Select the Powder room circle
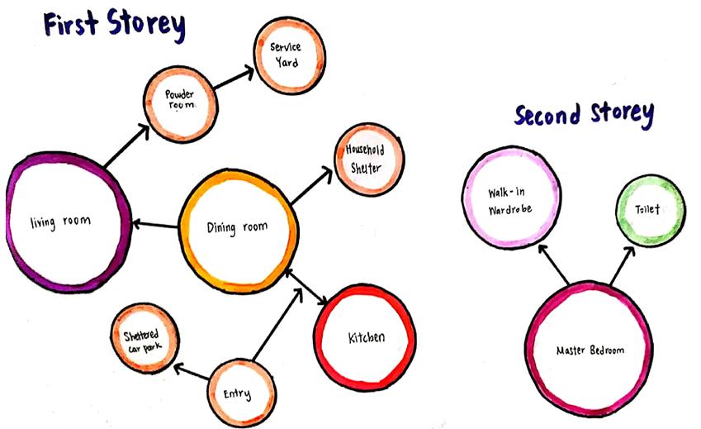pyautogui.click(x=178, y=104)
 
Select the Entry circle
pyautogui.click(x=239, y=393)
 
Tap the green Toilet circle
pyautogui.click(x=650, y=210)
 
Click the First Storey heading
pyautogui.click(x=112, y=24)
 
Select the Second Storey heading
pyautogui.click(x=584, y=115)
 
